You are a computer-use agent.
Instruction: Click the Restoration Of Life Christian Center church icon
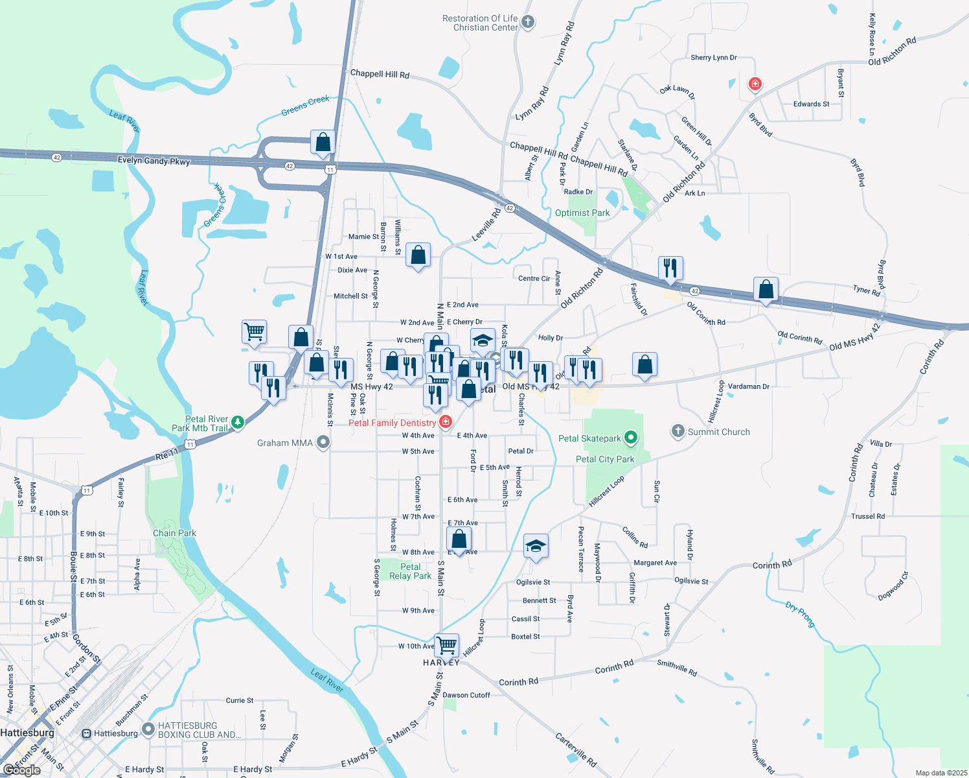[528, 23]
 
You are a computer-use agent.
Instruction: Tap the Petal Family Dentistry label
[392, 423]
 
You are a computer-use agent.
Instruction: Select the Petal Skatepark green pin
[632, 438]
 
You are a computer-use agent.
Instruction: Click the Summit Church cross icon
[678, 431]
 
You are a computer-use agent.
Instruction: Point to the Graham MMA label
[285, 443]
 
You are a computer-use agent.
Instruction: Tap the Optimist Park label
[582, 213]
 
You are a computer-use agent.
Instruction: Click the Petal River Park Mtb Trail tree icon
[238, 423]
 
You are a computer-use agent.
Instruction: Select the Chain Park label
[174, 533]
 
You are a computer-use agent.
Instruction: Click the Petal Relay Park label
[410, 571]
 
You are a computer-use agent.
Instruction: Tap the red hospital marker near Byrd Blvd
[755, 84]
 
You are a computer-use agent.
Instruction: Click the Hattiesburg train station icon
[85, 733]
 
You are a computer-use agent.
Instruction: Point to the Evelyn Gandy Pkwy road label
[154, 161]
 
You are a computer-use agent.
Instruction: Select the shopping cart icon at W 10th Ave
[446, 645]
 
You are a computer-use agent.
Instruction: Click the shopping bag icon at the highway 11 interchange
[323, 142]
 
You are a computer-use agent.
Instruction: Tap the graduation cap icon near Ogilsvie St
[536, 546]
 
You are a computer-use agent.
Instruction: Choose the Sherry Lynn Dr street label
[714, 58]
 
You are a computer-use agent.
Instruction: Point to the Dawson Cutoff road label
[466, 695]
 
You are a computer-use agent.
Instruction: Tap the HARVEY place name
[441, 663]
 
